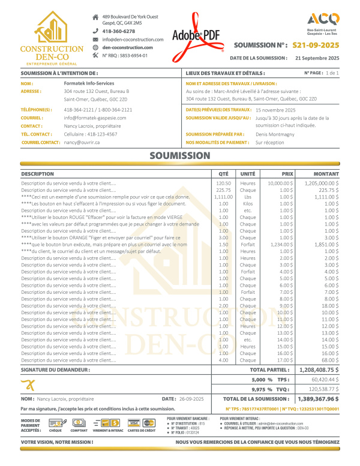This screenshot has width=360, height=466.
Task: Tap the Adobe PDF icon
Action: (x=196, y=37)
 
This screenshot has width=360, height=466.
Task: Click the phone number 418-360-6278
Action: (x=118, y=31)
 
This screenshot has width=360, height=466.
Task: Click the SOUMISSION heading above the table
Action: (x=180, y=155)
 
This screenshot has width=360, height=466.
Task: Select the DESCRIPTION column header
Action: (x=37, y=173)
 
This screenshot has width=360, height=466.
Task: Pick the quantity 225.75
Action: (x=223, y=190)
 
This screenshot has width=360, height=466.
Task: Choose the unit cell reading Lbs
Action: (x=248, y=197)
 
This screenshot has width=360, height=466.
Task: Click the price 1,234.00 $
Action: (x=280, y=245)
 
